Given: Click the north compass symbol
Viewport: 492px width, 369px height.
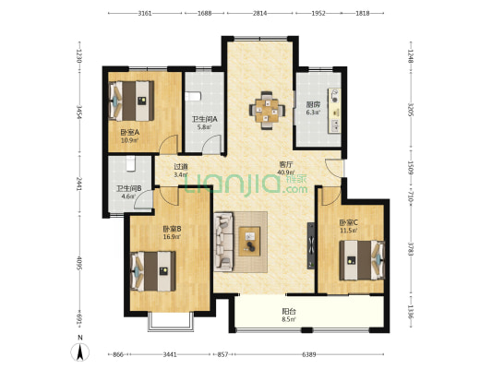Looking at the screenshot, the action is (80, 351).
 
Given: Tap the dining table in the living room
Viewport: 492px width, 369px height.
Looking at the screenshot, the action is (267, 111).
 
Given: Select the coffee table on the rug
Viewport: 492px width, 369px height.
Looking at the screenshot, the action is (249, 241).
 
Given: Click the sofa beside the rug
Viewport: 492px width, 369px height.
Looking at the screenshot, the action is (223, 242).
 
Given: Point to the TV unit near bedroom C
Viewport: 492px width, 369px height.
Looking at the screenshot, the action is (311, 245).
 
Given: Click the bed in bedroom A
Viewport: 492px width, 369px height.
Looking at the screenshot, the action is (131, 101).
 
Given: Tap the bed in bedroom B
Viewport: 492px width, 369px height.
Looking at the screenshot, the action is (153, 271).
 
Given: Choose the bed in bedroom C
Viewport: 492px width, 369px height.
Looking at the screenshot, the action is (362, 260).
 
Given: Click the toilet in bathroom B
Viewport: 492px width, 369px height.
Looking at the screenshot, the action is (130, 163).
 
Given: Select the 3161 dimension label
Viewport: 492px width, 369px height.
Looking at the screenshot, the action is (145, 13).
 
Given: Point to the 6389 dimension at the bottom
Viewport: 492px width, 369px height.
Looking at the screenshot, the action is (309, 354).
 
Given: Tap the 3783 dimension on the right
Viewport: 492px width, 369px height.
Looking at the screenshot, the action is (411, 249).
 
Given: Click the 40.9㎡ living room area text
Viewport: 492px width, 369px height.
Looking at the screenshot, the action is (286, 173).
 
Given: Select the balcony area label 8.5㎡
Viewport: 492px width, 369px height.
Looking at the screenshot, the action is (289, 319).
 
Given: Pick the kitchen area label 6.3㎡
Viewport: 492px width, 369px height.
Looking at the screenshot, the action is (313, 113).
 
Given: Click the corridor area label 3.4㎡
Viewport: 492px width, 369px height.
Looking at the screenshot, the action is (181, 174).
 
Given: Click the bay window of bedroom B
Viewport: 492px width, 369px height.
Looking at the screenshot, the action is (171, 322).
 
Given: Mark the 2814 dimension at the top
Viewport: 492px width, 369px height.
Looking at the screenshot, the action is (259, 13).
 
